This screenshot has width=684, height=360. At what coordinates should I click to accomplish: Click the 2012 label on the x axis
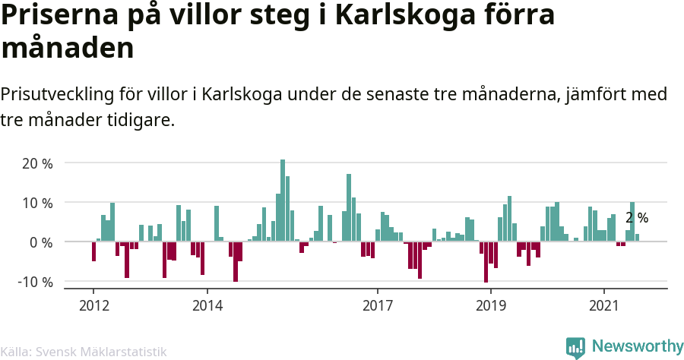[93, 305]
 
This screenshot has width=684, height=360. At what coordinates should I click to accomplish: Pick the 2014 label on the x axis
[207, 305]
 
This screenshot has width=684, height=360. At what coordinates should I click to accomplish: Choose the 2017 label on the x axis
[377, 305]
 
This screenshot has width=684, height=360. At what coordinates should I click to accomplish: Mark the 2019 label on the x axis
[490, 305]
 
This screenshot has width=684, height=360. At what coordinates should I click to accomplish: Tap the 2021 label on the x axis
[604, 305]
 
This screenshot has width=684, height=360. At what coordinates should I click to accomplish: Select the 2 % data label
[637, 218]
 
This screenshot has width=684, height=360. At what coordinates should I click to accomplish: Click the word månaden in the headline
[68, 49]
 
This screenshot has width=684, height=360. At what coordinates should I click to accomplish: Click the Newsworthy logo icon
[575, 347]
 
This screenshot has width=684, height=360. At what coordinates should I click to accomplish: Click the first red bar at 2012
[93, 251]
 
